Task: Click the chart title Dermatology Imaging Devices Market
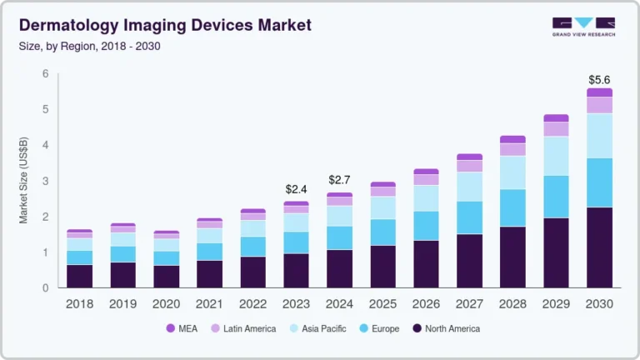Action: click(x=164, y=25)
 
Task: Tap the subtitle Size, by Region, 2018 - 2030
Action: click(x=89, y=46)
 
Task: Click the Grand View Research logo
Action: click(x=583, y=27)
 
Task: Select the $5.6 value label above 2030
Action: click(x=599, y=80)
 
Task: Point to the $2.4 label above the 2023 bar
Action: click(x=296, y=190)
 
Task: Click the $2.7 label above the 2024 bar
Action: click(x=339, y=180)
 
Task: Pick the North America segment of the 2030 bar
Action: click(x=599, y=247)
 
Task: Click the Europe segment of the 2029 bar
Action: click(x=556, y=197)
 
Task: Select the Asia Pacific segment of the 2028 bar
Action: click(x=512, y=172)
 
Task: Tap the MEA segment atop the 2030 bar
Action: click(x=599, y=92)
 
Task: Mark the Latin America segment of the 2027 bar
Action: click(x=469, y=166)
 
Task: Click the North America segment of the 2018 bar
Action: click(x=79, y=276)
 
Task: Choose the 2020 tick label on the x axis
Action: click(x=166, y=304)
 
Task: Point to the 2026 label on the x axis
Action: click(x=426, y=304)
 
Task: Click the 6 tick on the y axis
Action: click(x=46, y=74)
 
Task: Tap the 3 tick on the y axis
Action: click(x=46, y=181)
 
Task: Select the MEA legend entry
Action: click(x=182, y=328)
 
